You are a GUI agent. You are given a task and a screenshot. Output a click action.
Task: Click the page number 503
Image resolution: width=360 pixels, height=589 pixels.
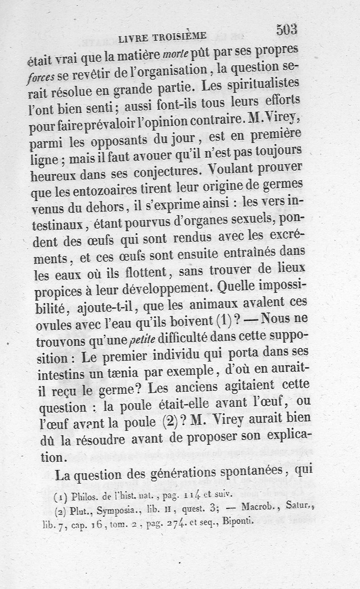coord(287,29)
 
